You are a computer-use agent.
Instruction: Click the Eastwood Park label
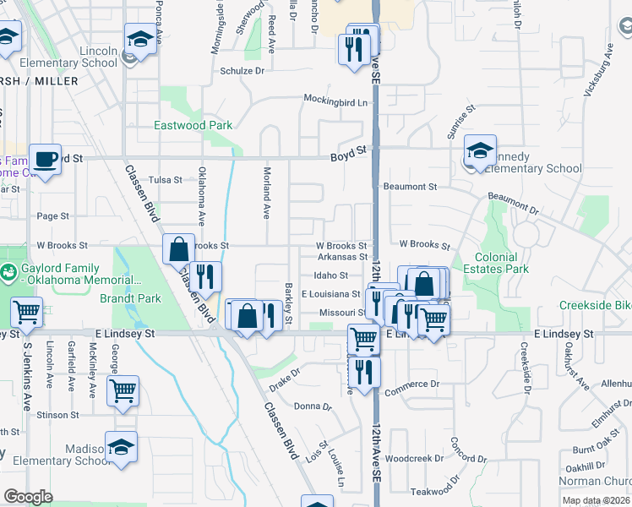[x=193, y=125]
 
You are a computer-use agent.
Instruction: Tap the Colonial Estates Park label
[x=501, y=263]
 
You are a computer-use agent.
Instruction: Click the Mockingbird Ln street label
[x=337, y=102]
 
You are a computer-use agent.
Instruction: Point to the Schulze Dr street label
[x=242, y=71]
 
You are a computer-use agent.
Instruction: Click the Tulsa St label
[x=165, y=180]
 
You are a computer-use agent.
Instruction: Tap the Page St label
[x=52, y=216]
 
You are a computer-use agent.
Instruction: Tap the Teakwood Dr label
[x=431, y=491]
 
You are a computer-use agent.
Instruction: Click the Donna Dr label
[x=313, y=406]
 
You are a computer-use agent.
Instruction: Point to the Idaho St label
[x=330, y=275]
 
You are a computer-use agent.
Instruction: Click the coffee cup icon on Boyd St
[x=45, y=158]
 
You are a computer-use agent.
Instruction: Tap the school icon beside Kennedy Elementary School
[x=480, y=151]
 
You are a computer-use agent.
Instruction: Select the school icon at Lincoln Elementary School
[x=140, y=39]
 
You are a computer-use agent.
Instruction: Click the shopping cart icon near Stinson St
[x=123, y=390]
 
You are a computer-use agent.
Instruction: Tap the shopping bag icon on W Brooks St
[x=179, y=249]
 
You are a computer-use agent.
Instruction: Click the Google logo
[x=28, y=497]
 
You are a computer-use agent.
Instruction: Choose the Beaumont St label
[x=410, y=186]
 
